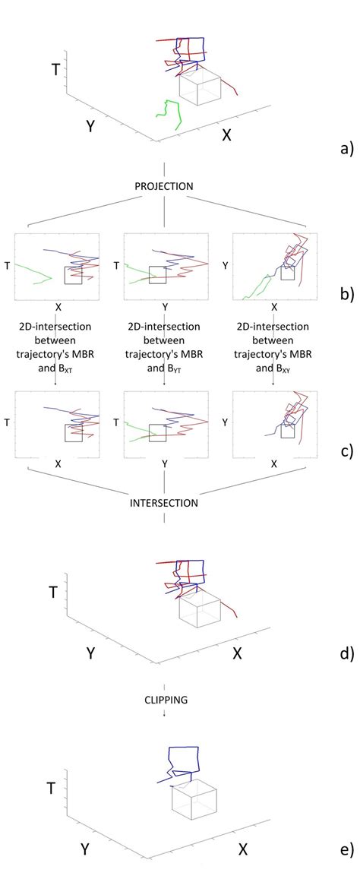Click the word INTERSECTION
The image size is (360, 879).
click(x=164, y=503)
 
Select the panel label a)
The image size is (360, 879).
click(x=346, y=148)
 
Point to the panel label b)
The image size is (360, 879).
click(x=346, y=294)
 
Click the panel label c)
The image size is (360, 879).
click(x=346, y=451)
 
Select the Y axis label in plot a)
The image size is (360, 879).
click(x=90, y=126)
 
